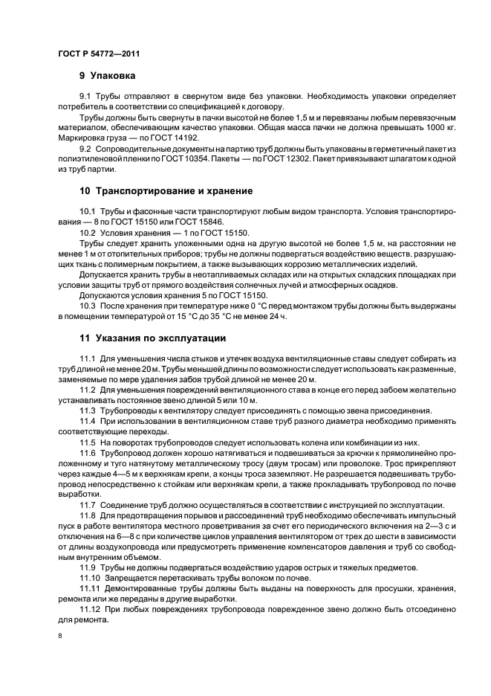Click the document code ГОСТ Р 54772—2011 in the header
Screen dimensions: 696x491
pyautogui.click(x=98, y=54)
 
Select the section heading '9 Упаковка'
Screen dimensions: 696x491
pyautogui.click(x=107, y=76)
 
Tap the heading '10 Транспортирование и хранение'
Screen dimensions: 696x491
pyautogui.click(x=166, y=191)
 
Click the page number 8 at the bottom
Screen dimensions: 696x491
pyautogui.click(x=59, y=636)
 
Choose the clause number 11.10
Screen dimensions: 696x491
pyautogui.click(x=91, y=578)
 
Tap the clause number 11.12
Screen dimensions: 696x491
pyautogui.click(x=91, y=609)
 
